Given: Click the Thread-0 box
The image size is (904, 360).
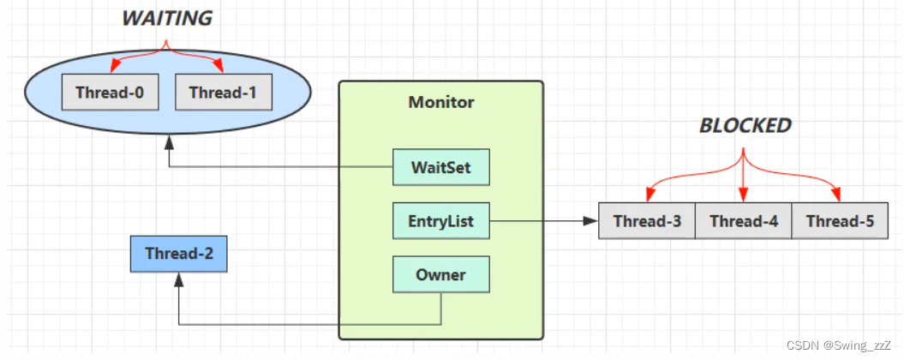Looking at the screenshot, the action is (x=111, y=92).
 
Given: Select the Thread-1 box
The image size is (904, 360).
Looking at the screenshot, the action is (x=224, y=92).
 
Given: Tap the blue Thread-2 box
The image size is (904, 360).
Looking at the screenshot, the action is (x=179, y=253).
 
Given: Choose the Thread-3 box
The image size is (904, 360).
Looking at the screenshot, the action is (x=647, y=221).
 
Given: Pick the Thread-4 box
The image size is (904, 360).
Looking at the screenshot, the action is (x=743, y=221).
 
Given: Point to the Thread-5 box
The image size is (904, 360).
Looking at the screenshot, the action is (x=840, y=221).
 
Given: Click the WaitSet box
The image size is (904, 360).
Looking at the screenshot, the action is (x=441, y=167).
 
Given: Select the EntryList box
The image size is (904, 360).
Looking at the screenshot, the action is (x=441, y=221).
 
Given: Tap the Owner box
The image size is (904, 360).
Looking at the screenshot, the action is (x=441, y=274).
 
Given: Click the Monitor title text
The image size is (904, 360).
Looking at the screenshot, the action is (x=441, y=103).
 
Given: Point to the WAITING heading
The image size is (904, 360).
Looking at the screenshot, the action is (x=167, y=19).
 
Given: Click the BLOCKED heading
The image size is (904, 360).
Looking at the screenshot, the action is (x=745, y=125).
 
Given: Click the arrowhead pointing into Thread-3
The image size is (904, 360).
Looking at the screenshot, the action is (x=591, y=221).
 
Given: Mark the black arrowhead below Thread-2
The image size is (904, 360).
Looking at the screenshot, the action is (x=179, y=279).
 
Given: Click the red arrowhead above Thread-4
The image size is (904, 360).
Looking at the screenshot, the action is (x=743, y=196).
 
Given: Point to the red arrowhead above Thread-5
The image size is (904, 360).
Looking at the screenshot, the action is (x=835, y=196).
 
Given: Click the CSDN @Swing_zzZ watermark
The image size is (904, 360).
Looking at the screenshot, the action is (x=840, y=345).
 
